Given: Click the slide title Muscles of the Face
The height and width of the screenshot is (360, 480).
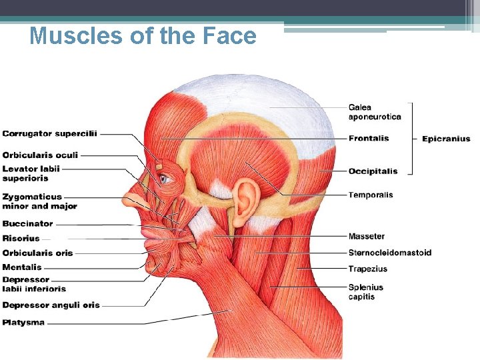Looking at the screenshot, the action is (x=143, y=36).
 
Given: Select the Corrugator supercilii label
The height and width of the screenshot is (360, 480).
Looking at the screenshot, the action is (x=49, y=133).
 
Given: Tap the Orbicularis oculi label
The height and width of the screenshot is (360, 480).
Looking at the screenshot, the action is (x=40, y=155).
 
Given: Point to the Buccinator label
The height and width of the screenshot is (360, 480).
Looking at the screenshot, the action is (x=27, y=224).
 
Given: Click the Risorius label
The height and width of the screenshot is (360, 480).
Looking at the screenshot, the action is (x=21, y=238).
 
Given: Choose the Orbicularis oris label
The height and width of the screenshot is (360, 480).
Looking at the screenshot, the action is (x=37, y=253).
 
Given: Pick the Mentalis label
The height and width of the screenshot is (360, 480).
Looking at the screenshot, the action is (x=22, y=267).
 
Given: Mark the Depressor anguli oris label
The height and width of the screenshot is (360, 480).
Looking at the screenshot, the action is (x=51, y=305).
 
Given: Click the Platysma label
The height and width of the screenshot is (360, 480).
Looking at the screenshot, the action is (x=23, y=323).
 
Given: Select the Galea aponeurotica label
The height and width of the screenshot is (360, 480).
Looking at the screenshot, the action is (x=375, y=112).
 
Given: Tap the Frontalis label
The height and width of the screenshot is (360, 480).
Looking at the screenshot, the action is (x=369, y=139).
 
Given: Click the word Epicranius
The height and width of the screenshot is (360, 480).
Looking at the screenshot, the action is (x=446, y=139).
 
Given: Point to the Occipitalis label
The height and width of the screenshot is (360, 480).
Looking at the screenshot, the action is (x=373, y=171).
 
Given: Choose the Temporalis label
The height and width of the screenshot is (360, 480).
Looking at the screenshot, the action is (x=371, y=195).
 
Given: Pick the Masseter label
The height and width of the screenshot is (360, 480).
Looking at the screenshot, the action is (x=367, y=237).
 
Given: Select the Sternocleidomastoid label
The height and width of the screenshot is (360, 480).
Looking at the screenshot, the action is (x=389, y=253).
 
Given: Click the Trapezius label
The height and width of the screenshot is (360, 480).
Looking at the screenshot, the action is (x=367, y=269).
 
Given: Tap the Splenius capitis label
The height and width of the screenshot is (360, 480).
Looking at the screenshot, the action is (x=365, y=292).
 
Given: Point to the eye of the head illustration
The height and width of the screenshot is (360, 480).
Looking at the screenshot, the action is (x=165, y=178).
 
